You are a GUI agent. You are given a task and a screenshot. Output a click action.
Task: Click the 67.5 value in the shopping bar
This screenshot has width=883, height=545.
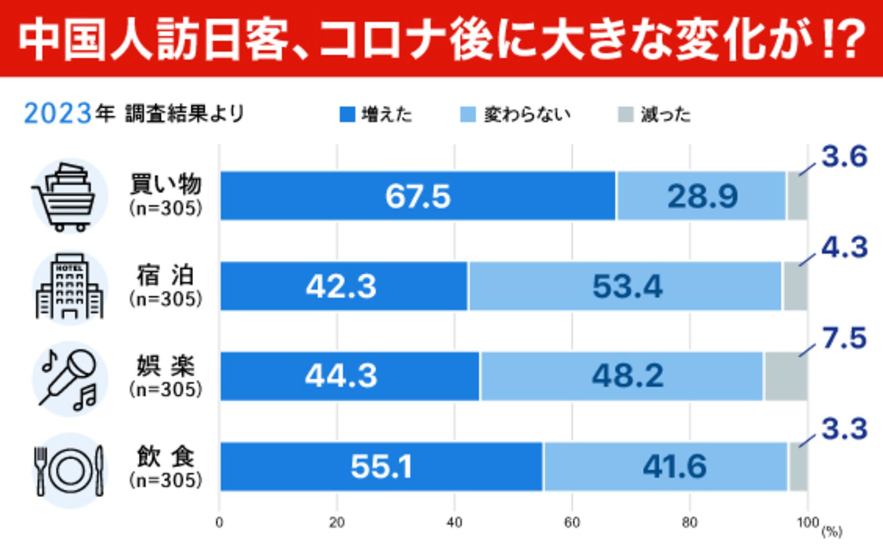tap(418, 197)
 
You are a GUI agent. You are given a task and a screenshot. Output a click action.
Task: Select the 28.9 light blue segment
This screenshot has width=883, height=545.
tap(702, 197)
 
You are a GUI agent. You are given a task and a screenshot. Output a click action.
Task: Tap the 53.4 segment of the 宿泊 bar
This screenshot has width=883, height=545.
tap(627, 287)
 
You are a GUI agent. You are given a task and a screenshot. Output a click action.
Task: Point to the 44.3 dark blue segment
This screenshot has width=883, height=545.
tap(341, 376)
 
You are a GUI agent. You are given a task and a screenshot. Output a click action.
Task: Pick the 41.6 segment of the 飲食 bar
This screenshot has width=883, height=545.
tap(674, 466)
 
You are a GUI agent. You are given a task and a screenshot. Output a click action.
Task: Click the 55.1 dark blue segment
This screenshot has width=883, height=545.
tap(381, 466)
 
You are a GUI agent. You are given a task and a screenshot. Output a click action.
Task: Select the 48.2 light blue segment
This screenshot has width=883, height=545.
tap(627, 376)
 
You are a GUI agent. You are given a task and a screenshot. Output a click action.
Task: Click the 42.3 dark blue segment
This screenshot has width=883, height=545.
tap(341, 287)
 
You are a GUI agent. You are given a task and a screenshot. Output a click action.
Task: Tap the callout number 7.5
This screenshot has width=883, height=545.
tap(844, 339)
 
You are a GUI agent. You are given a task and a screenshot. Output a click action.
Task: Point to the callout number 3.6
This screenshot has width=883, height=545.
tap(844, 157)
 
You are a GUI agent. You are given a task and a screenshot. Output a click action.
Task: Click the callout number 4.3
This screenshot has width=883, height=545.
tap(844, 248)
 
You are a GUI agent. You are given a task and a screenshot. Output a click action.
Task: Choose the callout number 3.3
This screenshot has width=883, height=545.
tap(844, 429)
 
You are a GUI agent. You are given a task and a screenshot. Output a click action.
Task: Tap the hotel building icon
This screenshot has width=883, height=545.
tap(70, 287)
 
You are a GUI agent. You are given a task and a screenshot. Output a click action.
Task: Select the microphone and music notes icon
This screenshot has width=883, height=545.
tap(70, 378)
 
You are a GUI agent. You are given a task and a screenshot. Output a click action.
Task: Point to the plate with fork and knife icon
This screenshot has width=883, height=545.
tap(70, 470)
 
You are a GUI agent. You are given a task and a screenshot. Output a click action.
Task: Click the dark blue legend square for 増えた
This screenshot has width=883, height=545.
tap(347, 114)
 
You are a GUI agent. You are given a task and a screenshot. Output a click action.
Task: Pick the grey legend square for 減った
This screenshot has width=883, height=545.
tap(626, 114)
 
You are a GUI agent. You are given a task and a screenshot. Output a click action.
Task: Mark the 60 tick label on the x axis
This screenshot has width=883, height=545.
tap(572, 523)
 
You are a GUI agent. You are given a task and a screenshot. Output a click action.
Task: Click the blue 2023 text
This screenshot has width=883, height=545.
tap(57, 114)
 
